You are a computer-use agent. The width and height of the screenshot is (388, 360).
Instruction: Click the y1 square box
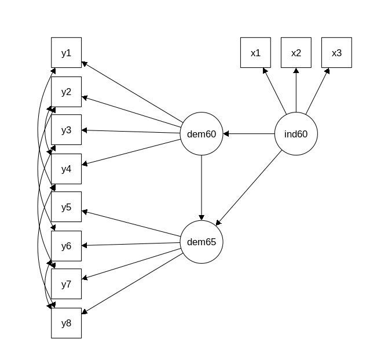click(66, 53)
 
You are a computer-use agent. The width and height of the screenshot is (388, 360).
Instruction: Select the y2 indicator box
click(66, 92)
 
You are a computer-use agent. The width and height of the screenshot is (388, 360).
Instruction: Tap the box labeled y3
click(66, 130)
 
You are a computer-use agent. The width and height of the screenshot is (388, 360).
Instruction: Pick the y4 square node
click(66, 169)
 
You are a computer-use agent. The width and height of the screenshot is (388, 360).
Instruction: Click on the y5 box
click(66, 207)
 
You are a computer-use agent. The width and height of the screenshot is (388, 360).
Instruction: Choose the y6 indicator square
click(66, 246)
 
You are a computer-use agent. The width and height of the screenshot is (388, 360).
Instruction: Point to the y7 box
click(66, 284)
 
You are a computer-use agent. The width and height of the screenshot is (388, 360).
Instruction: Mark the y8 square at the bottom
click(66, 323)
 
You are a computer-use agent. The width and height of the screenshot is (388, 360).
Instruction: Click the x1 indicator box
click(255, 53)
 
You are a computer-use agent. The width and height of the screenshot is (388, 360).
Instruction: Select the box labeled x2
click(296, 53)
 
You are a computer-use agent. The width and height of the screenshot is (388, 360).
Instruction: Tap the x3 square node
click(336, 53)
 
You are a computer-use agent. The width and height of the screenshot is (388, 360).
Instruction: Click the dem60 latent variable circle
click(202, 134)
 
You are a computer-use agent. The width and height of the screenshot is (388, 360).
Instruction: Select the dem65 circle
click(202, 242)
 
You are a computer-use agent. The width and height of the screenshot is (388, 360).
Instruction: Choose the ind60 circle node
click(296, 134)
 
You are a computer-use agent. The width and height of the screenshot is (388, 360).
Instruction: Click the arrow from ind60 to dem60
click(248, 134)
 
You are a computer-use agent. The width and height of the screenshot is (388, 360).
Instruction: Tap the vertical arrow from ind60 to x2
click(296, 90)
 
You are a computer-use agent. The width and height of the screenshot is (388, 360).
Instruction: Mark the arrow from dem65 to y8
click(133, 284)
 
